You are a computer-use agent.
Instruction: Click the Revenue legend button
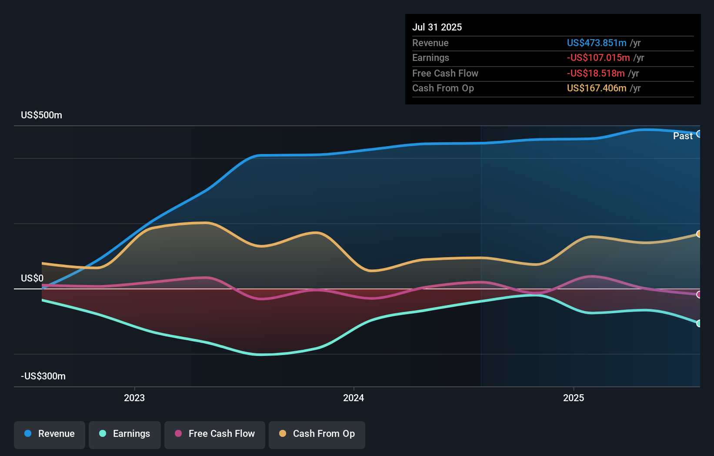coord(50,434)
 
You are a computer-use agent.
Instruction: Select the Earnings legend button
coord(125,434)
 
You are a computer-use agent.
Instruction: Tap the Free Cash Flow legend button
coord(215,434)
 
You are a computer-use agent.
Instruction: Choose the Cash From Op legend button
coord(317,434)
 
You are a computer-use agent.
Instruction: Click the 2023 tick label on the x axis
coord(134,398)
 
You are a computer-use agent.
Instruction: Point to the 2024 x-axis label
coord(354,398)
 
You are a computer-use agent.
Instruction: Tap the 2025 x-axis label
coord(574,398)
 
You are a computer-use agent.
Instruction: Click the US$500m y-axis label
coord(42,115)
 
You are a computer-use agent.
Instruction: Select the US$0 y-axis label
coord(32,278)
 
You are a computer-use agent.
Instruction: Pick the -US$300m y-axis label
coord(43,376)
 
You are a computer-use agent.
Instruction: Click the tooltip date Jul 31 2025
coord(437,27)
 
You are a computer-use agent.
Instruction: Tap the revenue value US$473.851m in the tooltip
coord(597,43)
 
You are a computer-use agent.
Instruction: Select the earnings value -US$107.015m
coord(598,57)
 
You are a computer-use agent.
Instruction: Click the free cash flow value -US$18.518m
coord(596,73)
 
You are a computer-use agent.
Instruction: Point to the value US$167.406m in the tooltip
coord(597,88)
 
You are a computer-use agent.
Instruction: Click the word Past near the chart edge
coord(683,136)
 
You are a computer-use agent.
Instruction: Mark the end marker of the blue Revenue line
coord(699,134)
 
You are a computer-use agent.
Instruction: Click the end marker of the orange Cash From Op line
coord(699,234)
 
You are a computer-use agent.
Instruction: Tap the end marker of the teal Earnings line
coord(699,323)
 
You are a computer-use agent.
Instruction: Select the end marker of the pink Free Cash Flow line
coord(699,295)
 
